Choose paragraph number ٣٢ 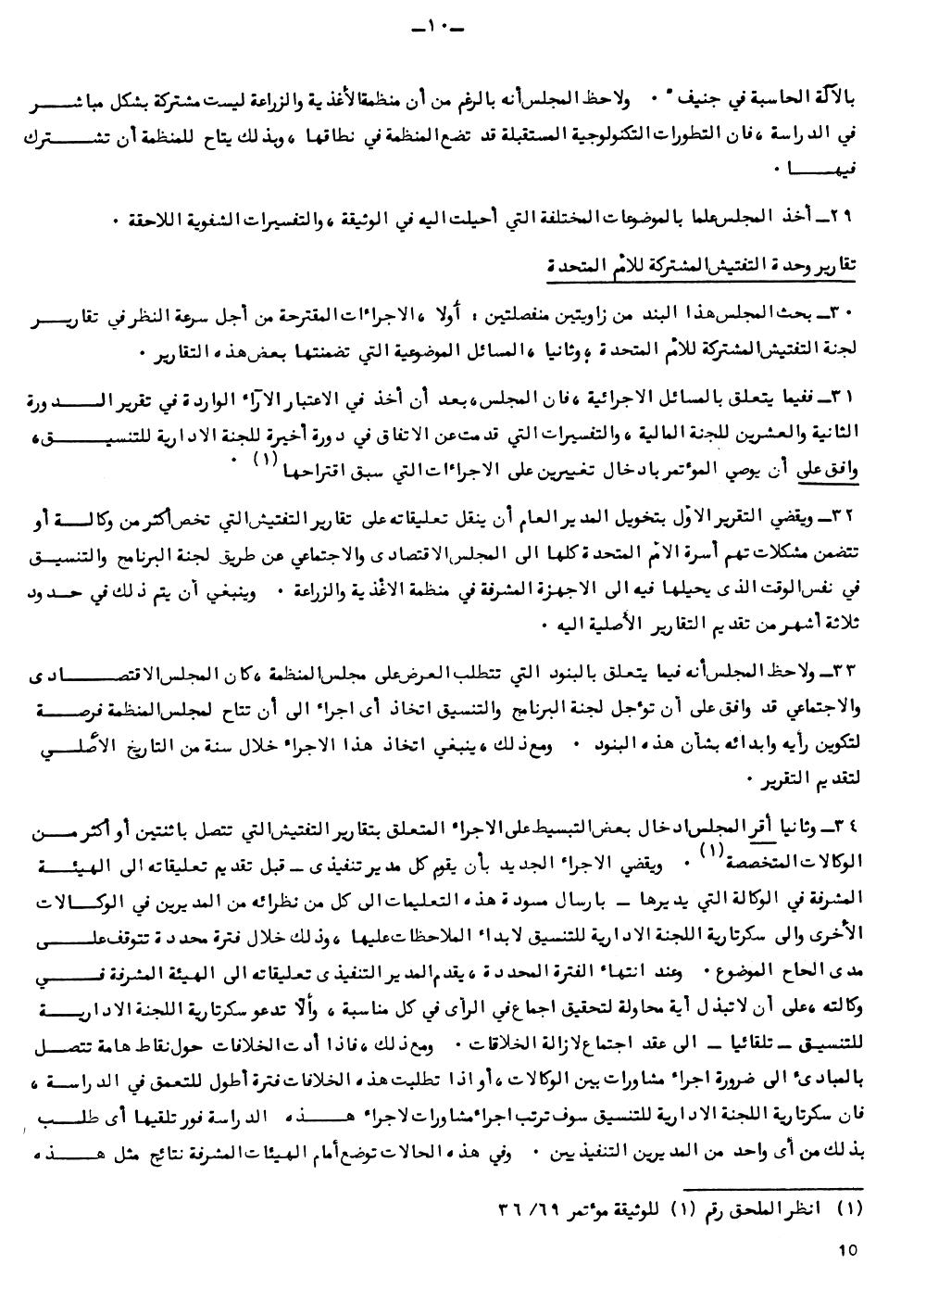point(849,512)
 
